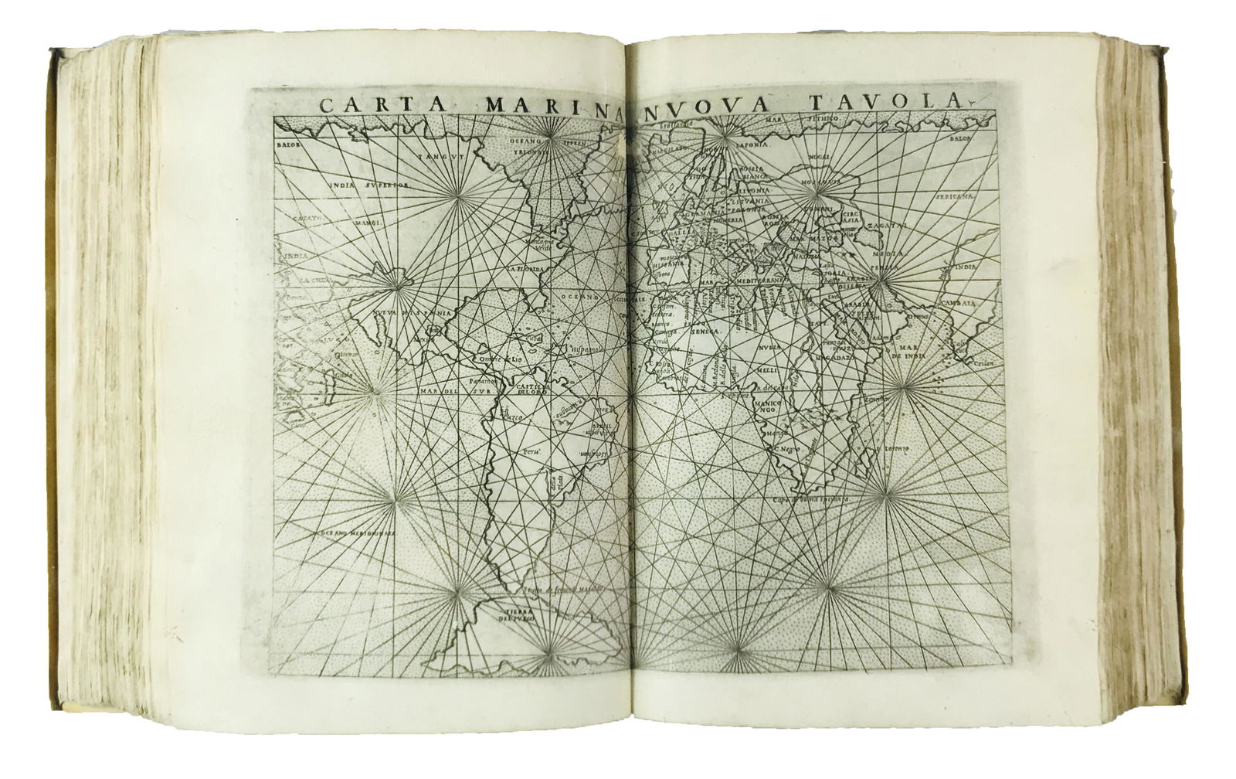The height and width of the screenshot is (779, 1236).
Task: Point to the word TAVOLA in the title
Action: pos(888,102)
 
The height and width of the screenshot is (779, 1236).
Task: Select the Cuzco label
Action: pos(514,417)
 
